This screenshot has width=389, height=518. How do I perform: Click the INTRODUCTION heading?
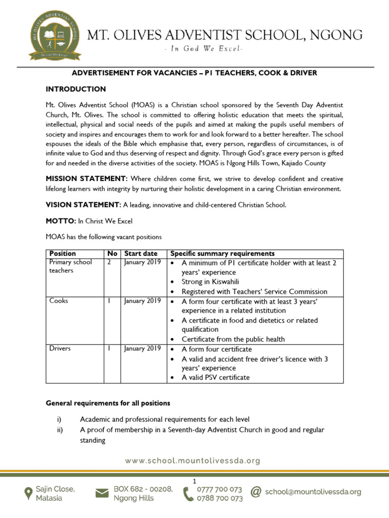tap(75, 89)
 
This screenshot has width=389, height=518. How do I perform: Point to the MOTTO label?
tap(61, 222)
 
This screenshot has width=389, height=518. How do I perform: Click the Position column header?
tap(62, 253)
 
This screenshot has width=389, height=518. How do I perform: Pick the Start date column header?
tap(141, 253)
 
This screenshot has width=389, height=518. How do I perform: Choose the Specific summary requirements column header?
tap(222, 253)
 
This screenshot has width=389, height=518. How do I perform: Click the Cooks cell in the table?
tap(59, 301)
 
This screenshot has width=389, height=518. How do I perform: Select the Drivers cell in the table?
tap(60, 349)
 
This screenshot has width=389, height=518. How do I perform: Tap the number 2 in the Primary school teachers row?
tap(109, 263)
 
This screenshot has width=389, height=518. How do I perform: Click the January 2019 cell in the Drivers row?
tap(142, 349)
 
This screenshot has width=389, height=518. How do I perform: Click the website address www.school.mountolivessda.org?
tap(193, 461)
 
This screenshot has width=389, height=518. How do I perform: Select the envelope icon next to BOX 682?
tap(102, 493)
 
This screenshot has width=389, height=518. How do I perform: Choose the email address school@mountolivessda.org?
tap(313, 492)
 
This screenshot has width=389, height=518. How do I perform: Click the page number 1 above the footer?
tap(194, 481)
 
